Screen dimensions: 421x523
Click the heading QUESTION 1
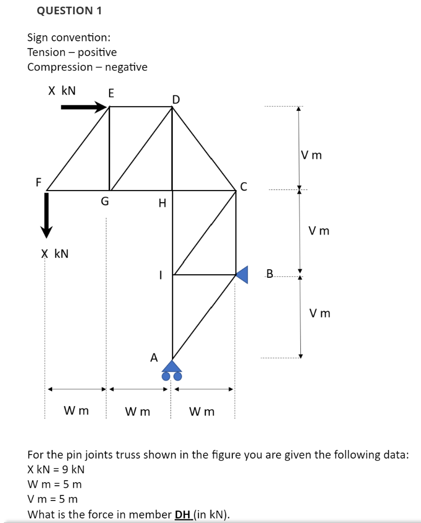[x=70, y=11]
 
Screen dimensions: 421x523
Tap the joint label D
[x=176, y=99]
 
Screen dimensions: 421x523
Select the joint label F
[x=38, y=182]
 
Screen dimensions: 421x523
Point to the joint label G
[x=104, y=202]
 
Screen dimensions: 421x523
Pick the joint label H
[x=162, y=204]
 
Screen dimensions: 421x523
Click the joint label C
[x=243, y=186]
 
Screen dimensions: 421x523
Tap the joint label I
[x=160, y=275]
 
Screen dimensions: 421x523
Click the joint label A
[x=153, y=357]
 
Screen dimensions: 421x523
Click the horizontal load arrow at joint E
[x=84, y=107]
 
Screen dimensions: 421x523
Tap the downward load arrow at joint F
[x=47, y=215]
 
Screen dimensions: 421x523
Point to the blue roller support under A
[x=172, y=370]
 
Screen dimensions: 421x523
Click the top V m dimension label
[x=312, y=155]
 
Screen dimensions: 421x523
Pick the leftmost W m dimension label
[x=76, y=411]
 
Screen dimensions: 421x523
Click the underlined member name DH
[x=183, y=514]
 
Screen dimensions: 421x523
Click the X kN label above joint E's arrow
[x=62, y=91]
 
